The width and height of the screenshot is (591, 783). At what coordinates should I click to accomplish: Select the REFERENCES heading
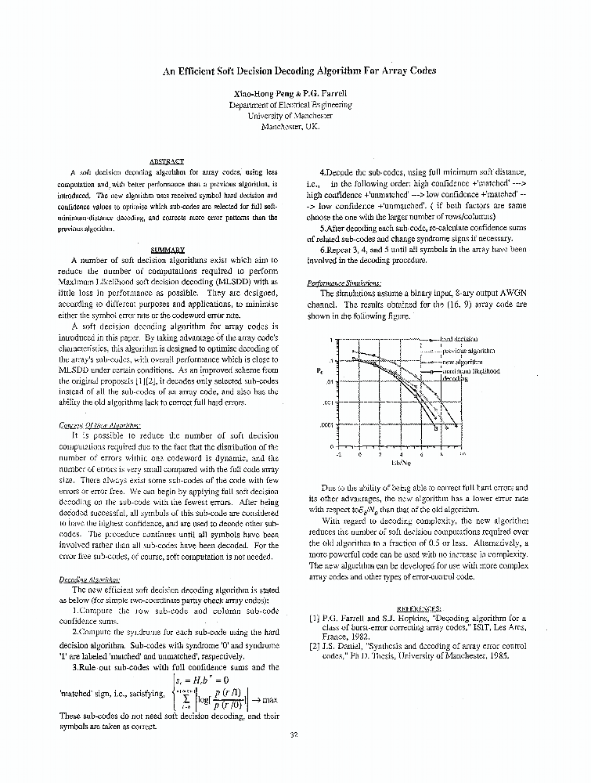420,607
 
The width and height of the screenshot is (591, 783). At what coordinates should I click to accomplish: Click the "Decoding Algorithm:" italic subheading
89,579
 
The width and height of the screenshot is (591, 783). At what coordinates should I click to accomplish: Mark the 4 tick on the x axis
401,454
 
